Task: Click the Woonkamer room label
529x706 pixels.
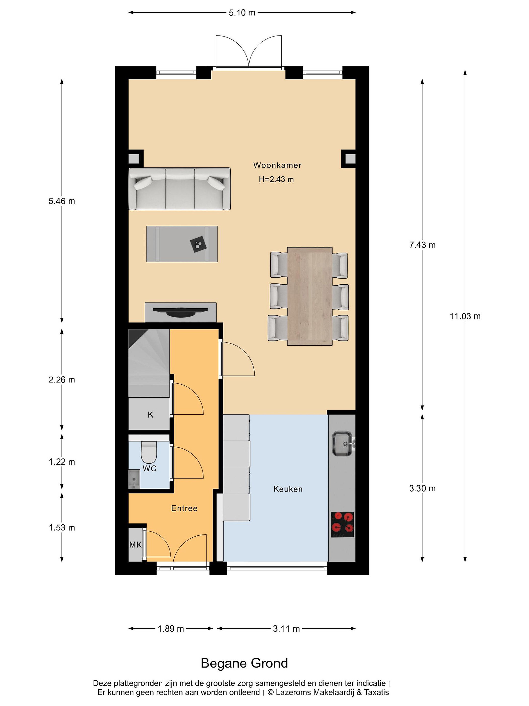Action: click(x=277, y=165)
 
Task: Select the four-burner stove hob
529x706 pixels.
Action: click(x=342, y=524)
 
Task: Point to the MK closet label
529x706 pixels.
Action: click(x=135, y=544)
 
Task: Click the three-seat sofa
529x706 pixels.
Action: click(x=180, y=189)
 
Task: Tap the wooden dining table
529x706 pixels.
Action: click(x=310, y=296)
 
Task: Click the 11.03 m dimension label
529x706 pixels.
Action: click(x=465, y=316)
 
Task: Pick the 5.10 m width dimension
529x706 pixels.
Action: click(x=242, y=13)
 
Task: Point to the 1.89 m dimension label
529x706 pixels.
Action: click(x=171, y=629)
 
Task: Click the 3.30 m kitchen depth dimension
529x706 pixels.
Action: click(x=422, y=488)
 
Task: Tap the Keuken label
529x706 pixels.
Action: click(x=288, y=489)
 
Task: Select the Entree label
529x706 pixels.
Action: click(x=184, y=508)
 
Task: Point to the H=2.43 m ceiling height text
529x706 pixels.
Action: click(x=276, y=179)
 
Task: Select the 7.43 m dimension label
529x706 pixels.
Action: click(x=422, y=245)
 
